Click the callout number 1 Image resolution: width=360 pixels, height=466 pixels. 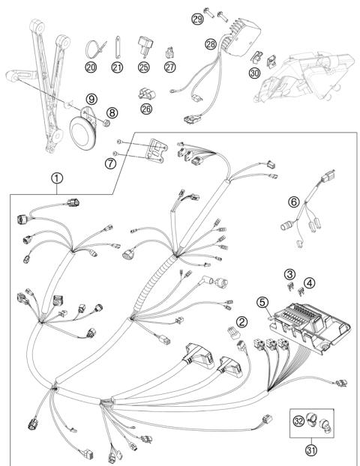(57, 178)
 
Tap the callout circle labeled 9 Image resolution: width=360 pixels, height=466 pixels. (91, 99)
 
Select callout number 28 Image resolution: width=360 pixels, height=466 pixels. (211, 44)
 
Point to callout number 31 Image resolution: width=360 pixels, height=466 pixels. (311, 450)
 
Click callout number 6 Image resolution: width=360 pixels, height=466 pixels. (294, 202)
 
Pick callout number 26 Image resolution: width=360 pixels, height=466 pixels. (146, 109)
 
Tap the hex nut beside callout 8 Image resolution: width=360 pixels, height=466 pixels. (106, 123)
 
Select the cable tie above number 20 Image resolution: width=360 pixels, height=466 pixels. (95, 49)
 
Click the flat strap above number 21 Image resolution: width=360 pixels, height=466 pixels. (118, 47)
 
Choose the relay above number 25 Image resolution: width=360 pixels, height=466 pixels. (145, 46)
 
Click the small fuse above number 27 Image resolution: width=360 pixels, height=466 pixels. (169, 53)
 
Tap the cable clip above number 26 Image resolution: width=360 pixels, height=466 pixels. (147, 94)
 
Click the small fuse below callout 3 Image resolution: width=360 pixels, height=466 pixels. (291, 287)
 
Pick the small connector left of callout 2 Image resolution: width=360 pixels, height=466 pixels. (233, 333)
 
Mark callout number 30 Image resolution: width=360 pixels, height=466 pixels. (254, 73)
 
